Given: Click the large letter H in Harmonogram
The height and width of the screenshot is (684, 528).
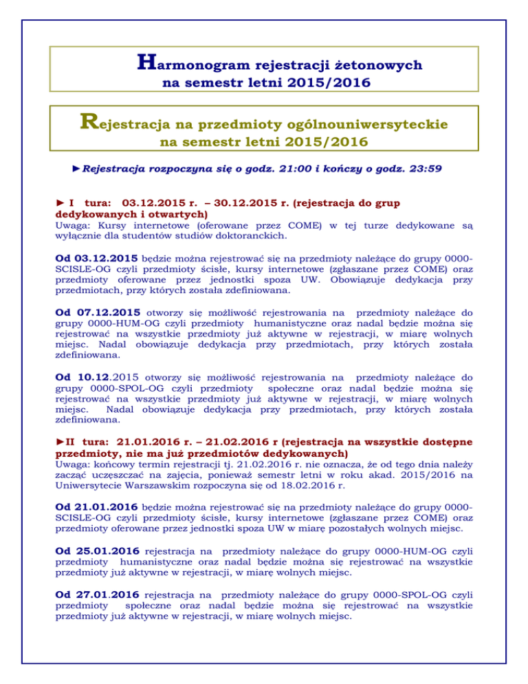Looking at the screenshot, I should [146, 64].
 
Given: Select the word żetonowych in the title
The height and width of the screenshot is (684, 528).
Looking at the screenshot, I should [377, 66].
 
